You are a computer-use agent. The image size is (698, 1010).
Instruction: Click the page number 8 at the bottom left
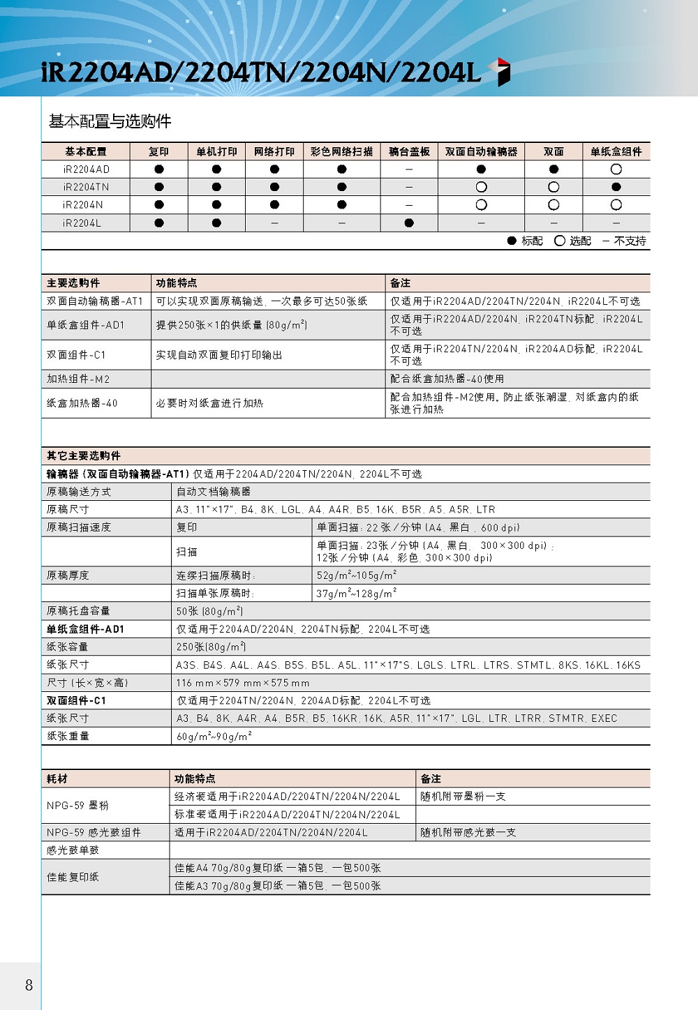[x=29, y=985]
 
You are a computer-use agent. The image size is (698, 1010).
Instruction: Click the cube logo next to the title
[x=500, y=72]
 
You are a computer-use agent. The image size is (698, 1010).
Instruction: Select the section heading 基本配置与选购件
[x=110, y=121]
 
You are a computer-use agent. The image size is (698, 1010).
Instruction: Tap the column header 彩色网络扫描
[x=341, y=151]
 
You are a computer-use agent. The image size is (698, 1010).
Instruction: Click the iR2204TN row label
[x=86, y=187]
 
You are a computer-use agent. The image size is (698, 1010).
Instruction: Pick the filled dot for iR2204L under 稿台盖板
[x=409, y=223]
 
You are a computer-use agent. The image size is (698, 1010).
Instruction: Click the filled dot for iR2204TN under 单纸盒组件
[x=616, y=187]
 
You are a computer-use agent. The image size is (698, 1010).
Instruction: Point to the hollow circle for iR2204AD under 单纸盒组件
[x=616, y=169]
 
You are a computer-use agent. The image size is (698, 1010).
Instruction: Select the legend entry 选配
[x=572, y=241]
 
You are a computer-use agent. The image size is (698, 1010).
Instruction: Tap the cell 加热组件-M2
[x=78, y=379]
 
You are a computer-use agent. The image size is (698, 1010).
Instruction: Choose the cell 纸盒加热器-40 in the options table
[x=82, y=403]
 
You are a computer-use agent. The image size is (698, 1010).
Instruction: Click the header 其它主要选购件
[x=84, y=455]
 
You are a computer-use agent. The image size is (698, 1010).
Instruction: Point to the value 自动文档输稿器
[x=213, y=492]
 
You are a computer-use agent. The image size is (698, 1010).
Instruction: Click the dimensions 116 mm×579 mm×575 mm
[x=242, y=683]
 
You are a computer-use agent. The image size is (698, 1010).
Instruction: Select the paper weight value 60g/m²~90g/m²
[x=214, y=736]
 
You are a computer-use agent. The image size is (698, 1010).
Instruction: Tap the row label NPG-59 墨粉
[x=77, y=806]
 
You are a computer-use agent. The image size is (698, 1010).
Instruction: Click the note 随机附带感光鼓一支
[x=468, y=832]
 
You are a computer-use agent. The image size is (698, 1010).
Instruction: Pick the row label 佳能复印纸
[x=73, y=877]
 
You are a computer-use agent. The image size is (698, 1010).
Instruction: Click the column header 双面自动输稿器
[x=481, y=151]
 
